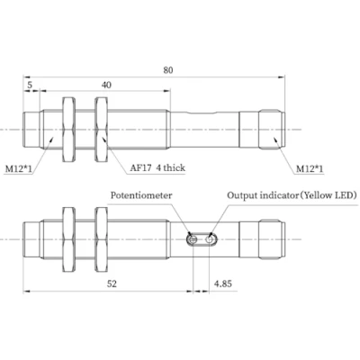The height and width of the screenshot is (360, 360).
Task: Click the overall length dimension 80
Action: [x=168, y=68]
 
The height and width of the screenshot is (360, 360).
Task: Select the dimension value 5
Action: [x=31, y=85]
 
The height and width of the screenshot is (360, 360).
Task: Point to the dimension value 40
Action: [x=107, y=85]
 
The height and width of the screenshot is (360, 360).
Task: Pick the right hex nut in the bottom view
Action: [x=101, y=240]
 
